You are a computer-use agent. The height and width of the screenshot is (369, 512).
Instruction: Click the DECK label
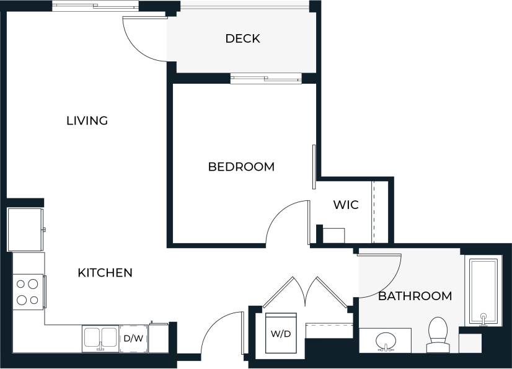pos(242,38)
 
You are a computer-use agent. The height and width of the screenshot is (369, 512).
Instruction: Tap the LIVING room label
pos(87,120)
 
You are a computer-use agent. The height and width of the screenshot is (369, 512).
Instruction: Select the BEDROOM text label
pos(241,167)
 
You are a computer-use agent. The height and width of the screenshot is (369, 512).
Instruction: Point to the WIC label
pos(345,205)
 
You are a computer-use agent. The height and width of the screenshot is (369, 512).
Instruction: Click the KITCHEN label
pos(105,273)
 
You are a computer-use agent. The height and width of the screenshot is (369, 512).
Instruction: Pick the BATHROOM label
pos(415,296)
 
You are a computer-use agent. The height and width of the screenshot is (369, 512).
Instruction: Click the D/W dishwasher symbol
pos(133,339)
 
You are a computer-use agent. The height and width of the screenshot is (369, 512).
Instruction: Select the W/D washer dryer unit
pos(281,334)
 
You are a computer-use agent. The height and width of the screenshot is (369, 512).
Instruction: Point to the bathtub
pos(483,291)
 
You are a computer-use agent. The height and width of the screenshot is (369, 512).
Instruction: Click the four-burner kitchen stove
pos(28,291)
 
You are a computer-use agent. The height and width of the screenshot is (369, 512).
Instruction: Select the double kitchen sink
pos(100,339)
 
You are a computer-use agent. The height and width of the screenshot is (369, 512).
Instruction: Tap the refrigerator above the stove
pos(25,229)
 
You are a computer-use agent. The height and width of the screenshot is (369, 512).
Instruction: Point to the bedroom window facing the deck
pos(266,78)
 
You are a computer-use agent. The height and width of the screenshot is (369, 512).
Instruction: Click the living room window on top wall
pos(95,7)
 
